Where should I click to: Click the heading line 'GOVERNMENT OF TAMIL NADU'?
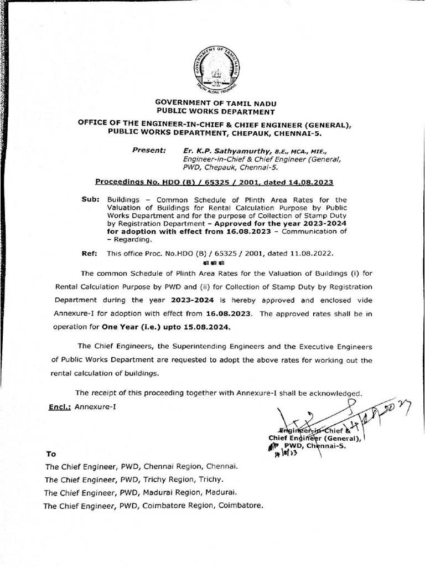click(x=215, y=103)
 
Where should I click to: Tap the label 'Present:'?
click(x=149, y=150)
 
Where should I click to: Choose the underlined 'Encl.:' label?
click(x=61, y=407)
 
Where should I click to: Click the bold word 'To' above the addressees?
click(x=51, y=454)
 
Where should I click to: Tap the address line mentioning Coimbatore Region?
click(x=153, y=506)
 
